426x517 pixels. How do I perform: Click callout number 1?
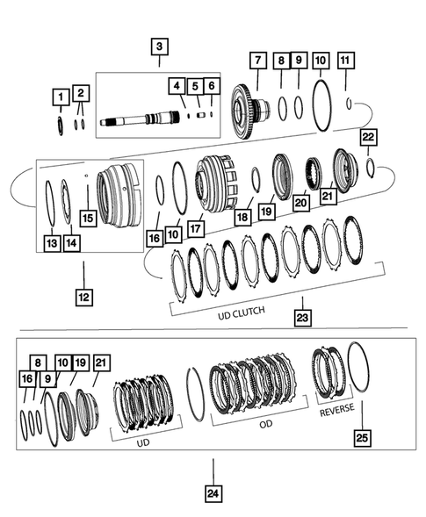[60, 95]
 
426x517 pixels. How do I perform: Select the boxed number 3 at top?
[158, 47]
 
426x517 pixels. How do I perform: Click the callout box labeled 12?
[83, 298]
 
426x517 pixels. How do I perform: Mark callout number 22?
[369, 136]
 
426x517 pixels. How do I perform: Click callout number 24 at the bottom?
[212, 494]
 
